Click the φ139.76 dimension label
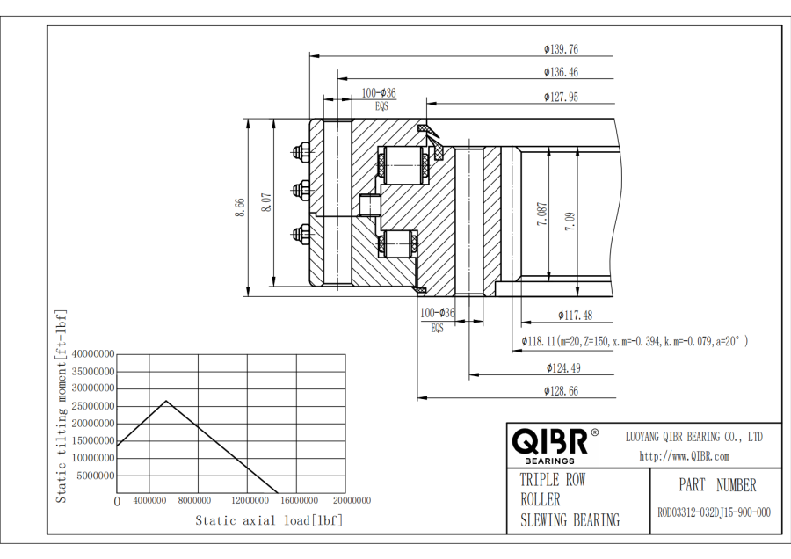(561, 49)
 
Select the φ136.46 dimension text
(561, 72)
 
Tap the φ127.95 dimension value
(561, 97)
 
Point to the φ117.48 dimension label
(574, 315)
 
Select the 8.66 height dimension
(240, 207)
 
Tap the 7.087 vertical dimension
(542, 214)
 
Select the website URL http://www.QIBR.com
(684, 455)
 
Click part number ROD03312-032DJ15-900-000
(714, 512)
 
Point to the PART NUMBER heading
(716, 485)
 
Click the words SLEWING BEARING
(569, 519)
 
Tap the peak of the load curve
(166, 401)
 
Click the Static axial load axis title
(268, 520)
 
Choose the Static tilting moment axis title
(62, 405)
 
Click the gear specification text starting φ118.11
(635, 340)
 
